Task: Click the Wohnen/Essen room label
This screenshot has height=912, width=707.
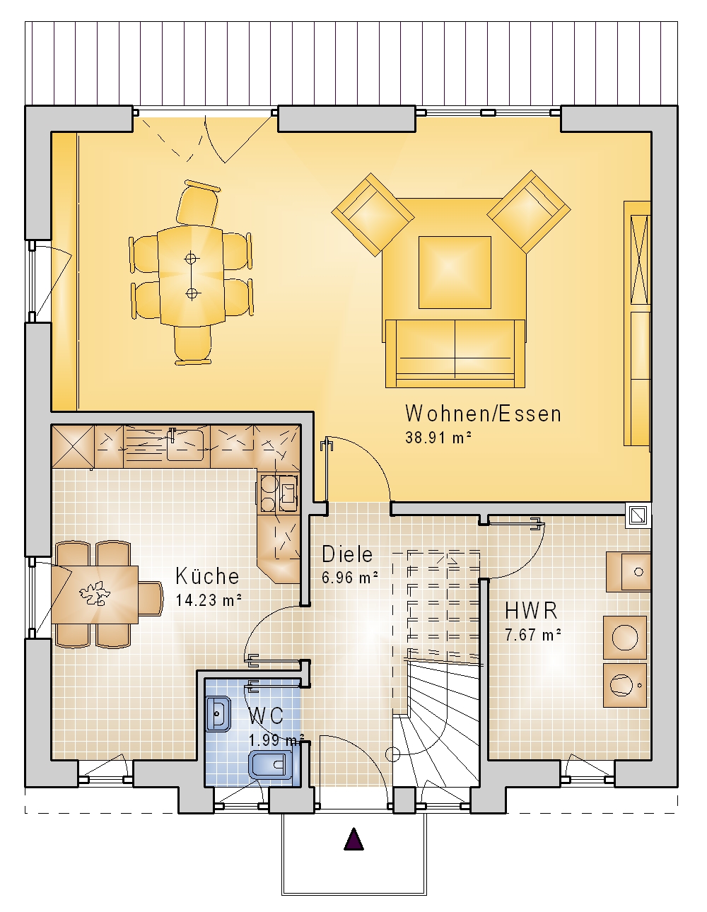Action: (483, 414)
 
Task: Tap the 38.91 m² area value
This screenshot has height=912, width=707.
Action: (438, 438)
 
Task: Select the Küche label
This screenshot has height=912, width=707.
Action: (207, 575)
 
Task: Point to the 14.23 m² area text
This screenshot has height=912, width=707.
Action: (209, 600)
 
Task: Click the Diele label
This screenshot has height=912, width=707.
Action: (347, 554)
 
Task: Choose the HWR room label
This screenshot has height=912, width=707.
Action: (531, 611)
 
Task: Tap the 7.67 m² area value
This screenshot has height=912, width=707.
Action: (533, 635)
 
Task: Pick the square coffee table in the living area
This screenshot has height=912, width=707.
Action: (455, 272)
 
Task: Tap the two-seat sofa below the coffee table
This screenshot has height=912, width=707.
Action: (455, 353)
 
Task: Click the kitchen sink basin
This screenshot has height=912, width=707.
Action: (185, 445)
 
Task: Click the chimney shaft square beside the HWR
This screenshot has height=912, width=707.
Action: (638, 515)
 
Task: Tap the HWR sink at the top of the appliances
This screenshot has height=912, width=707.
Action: (629, 572)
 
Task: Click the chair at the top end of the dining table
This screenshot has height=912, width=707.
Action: (198, 204)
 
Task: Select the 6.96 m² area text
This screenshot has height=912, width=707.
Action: (350, 578)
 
